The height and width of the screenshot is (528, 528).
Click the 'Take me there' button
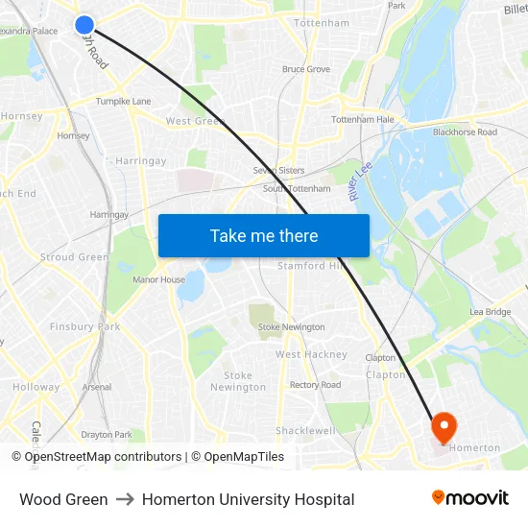coord(263,235)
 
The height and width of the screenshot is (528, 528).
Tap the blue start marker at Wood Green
coord(84,25)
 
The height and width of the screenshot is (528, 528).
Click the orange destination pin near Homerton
coord(444,425)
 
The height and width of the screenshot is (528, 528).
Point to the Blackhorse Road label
coord(465,132)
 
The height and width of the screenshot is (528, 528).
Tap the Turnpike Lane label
coord(123,101)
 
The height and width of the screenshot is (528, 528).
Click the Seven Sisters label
coord(278,170)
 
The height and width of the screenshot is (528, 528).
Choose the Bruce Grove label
coord(305,69)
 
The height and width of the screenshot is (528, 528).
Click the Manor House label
coord(158,280)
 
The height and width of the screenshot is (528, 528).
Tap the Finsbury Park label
coord(85,326)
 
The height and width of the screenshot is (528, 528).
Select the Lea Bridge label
coord(491,312)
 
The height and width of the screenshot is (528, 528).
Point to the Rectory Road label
coord(315,385)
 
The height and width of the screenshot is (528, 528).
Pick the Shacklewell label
coord(305,430)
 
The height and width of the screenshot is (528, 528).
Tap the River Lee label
coord(360,181)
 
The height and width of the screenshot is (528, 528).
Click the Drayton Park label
coord(107,434)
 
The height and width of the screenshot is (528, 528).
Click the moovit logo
coord(469,497)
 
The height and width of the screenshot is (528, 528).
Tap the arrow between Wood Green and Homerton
coord(125,499)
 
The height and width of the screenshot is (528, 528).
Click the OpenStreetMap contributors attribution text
coord(103,457)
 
